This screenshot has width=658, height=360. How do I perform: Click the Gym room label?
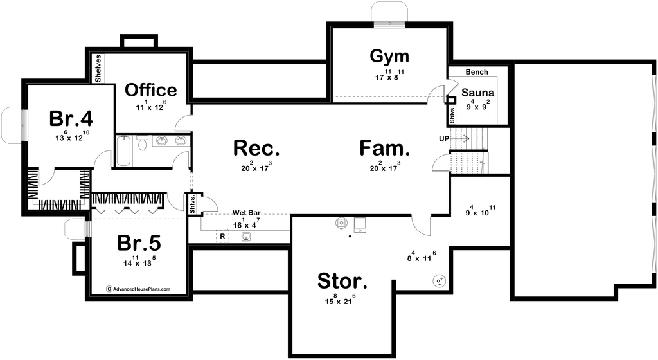(389, 57)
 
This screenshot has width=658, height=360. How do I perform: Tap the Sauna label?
(477, 93)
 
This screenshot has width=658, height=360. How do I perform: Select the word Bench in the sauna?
(477, 72)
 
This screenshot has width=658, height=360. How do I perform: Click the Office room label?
(150, 90)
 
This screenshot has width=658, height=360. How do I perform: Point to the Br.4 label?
(71, 118)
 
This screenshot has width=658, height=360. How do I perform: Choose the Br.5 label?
(139, 242)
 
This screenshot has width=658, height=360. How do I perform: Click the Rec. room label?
(256, 148)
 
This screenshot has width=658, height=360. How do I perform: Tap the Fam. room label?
(385, 148)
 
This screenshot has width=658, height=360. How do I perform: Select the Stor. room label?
(342, 281)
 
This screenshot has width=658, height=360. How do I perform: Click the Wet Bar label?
(247, 213)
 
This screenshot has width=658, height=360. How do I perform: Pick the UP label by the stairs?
(444, 138)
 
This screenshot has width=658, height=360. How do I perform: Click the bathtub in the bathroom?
(124, 150)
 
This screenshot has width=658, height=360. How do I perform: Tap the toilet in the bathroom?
(142, 143)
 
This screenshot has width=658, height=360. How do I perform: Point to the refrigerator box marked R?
(222, 237)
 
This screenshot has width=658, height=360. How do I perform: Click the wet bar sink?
(246, 237)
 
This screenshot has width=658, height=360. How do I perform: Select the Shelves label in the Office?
(98, 68)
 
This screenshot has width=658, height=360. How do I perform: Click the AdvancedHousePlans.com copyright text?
(138, 289)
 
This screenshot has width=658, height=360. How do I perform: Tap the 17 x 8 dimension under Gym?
(389, 76)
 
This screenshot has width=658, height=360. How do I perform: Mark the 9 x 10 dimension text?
(481, 212)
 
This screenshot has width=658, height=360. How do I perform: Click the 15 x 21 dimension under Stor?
(339, 300)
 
